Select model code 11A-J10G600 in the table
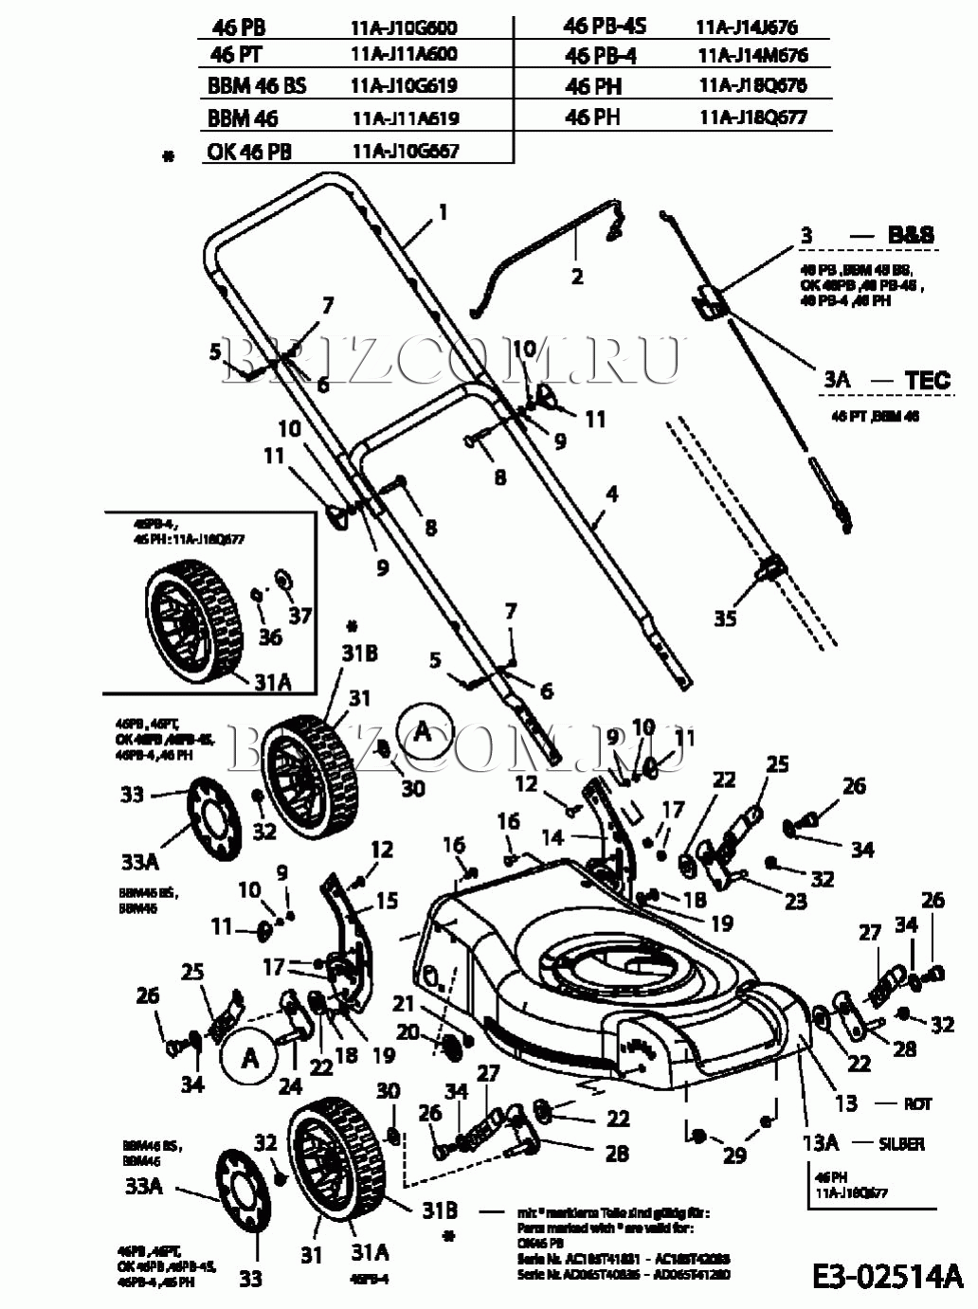[403, 28]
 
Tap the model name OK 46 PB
[249, 152]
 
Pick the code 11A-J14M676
[752, 55]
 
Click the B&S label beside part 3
[910, 234]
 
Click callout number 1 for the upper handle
[442, 212]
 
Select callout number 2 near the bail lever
[576, 277]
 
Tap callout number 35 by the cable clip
[725, 619]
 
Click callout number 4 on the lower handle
[612, 493]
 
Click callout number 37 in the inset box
[299, 615]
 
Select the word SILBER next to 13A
[900, 1144]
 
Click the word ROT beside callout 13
[916, 1103]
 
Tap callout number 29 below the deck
[734, 1155]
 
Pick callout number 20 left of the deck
[407, 1031]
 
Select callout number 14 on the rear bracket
[552, 836]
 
